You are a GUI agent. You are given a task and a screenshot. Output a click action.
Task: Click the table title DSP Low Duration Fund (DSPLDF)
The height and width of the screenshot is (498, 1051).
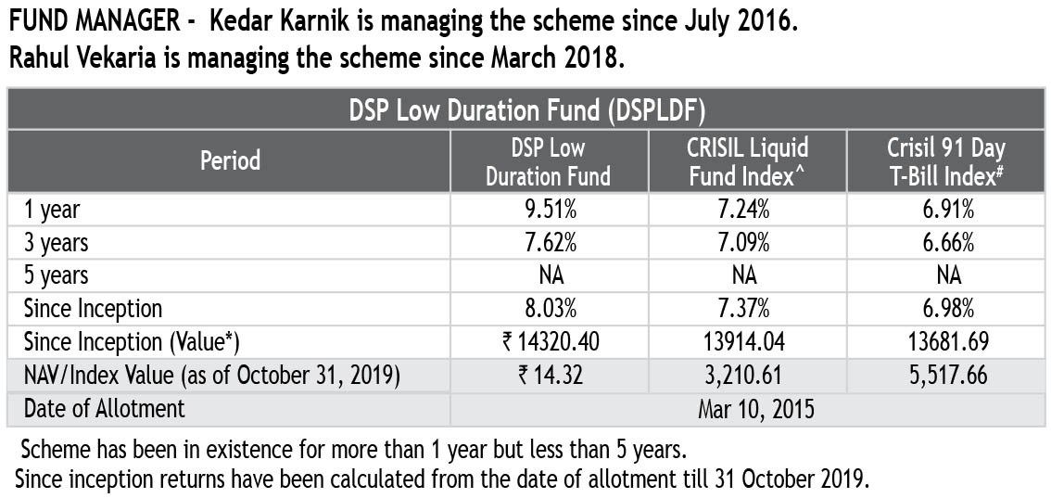click(x=527, y=110)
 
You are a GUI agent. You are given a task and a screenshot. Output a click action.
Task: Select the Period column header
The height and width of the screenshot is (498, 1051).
click(x=231, y=160)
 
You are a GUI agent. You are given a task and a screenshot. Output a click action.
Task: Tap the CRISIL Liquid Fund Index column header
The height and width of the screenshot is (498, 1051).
click(x=748, y=161)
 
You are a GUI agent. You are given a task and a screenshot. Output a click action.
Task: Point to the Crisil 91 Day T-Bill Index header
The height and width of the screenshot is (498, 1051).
click(x=946, y=161)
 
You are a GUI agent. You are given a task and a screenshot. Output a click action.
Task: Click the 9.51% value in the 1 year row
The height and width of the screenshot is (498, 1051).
click(x=548, y=211)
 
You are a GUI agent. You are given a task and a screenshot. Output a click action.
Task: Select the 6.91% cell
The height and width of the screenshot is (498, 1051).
click(x=946, y=211)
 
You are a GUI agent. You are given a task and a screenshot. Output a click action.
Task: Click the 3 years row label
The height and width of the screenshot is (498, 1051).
click(x=57, y=243)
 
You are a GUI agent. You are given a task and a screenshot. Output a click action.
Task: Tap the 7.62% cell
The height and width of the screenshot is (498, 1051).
click(x=548, y=243)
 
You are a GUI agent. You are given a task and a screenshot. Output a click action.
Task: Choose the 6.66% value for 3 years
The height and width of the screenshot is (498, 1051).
click(x=946, y=243)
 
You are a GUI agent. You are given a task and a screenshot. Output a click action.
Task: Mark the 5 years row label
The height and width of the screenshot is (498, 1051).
click(x=57, y=275)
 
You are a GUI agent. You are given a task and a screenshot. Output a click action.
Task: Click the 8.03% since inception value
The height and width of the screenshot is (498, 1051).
click(x=548, y=309)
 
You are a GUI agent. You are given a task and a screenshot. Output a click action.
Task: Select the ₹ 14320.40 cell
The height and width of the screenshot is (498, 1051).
click(x=548, y=342)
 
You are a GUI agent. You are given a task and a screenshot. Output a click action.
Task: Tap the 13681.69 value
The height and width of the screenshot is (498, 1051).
click(x=946, y=342)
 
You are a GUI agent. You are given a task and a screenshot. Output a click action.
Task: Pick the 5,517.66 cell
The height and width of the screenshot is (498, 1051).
click(x=946, y=376)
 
